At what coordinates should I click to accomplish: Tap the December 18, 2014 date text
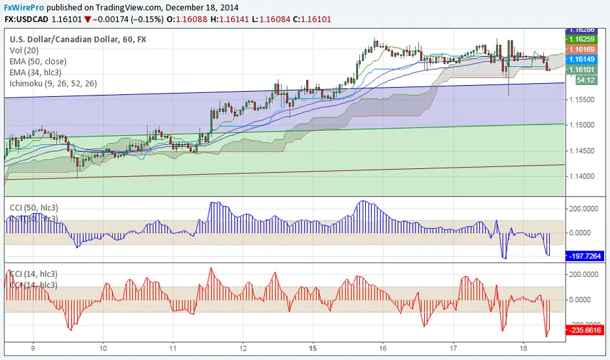tap(202, 7)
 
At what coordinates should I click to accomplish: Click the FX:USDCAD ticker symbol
tap(27, 20)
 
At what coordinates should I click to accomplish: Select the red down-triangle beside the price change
tap(88, 20)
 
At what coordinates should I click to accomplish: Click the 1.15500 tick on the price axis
tap(586, 99)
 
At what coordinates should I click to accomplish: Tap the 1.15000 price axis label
tap(586, 125)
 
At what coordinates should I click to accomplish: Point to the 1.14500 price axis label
tap(586, 151)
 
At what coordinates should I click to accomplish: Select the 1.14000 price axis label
tap(586, 177)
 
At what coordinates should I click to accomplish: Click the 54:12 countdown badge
tap(584, 79)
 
